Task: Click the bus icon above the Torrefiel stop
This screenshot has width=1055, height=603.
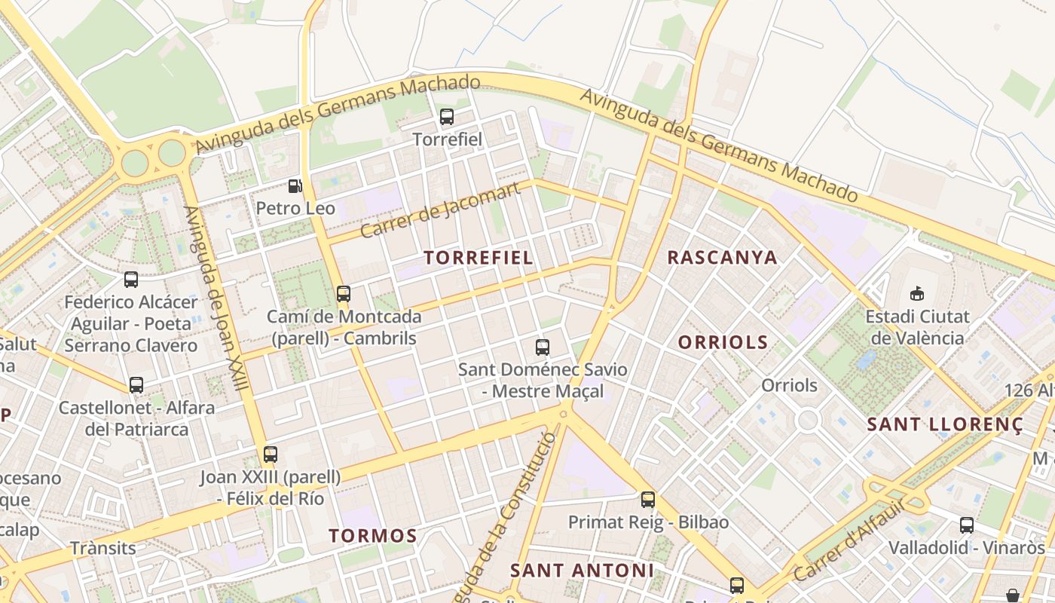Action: point(447,117)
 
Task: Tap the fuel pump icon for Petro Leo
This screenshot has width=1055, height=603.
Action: point(295,185)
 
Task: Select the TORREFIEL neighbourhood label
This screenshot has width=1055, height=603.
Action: point(479,258)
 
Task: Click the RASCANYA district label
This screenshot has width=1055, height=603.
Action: point(722,258)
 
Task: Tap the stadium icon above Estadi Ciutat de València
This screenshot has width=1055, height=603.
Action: point(917,293)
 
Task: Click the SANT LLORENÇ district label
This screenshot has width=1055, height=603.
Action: point(945,424)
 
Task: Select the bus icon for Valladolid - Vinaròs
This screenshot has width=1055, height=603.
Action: point(967,525)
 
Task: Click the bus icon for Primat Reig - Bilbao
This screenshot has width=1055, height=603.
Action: point(648,499)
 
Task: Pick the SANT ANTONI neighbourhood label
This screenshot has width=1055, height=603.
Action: point(582,571)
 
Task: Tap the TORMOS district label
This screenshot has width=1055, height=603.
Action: point(372,536)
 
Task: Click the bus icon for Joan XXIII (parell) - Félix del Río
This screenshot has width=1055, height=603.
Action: point(271,455)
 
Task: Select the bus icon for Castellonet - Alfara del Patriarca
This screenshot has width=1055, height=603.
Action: point(136,385)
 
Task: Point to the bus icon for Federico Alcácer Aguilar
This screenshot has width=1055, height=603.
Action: point(131,280)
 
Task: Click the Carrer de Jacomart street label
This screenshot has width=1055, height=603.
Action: point(440,210)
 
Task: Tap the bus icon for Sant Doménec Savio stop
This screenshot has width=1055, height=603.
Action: point(543,347)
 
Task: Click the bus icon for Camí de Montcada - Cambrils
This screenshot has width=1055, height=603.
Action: point(344,294)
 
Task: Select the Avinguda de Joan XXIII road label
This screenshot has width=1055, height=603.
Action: point(216,298)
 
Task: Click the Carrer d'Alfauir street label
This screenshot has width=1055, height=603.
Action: point(849,541)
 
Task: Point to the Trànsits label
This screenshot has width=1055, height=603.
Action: point(103,548)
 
